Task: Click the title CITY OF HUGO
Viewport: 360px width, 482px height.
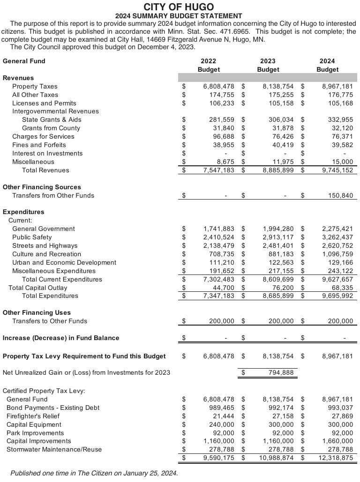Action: tap(178, 7)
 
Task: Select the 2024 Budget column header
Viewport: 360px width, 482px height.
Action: tap(327, 65)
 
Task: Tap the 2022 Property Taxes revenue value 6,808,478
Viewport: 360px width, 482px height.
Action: tap(218, 87)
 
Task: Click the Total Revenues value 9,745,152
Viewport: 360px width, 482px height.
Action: tap(337, 171)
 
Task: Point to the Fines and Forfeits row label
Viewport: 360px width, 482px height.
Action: tap(39, 145)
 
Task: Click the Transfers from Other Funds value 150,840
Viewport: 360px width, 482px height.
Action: tap(340, 196)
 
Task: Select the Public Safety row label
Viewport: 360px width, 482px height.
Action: tap(32, 237)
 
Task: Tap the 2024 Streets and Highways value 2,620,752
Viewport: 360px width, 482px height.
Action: tap(337, 246)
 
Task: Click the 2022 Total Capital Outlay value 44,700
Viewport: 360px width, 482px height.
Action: tap(223, 288)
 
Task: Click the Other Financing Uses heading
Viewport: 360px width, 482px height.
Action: tap(37, 313)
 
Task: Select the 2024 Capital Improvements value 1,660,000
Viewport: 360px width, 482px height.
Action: tap(337, 441)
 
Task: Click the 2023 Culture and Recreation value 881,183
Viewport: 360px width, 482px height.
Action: tap(281, 254)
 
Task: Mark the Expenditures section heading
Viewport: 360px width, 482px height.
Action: tap(23, 212)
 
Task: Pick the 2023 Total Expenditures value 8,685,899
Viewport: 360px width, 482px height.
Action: tap(278, 296)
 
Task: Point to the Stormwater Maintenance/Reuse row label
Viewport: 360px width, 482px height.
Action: tap(54, 450)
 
